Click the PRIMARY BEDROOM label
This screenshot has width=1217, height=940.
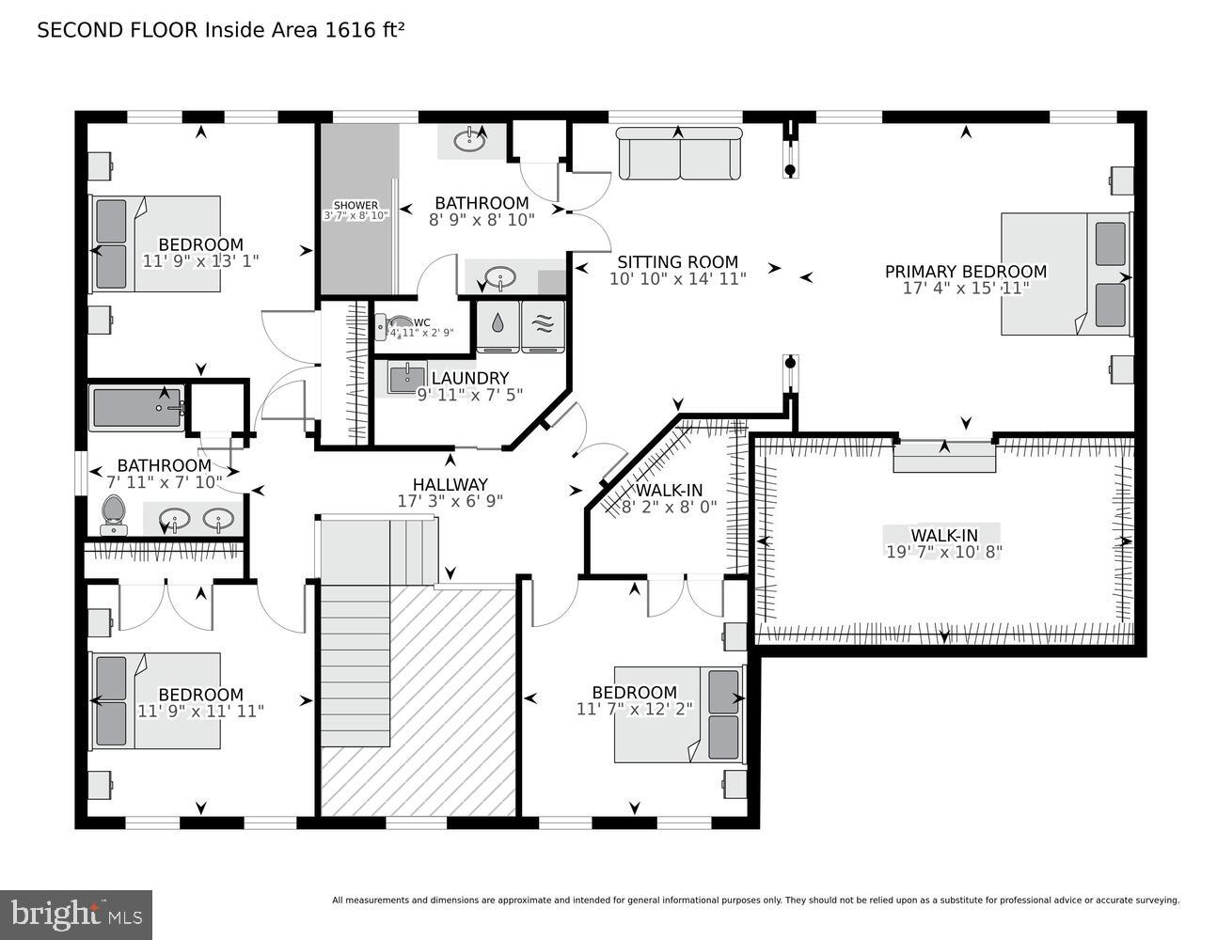click(965, 272)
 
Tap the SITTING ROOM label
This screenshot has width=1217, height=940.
click(677, 262)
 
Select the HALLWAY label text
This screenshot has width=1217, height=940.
click(450, 484)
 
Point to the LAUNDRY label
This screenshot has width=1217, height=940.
click(469, 379)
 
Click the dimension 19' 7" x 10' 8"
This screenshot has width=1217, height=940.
click(943, 552)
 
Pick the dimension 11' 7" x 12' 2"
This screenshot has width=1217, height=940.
click(634, 709)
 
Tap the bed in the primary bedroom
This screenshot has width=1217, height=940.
click(1065, 274)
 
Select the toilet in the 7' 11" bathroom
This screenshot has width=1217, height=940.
click(113, 514)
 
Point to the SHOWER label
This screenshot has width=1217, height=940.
click(356, 205)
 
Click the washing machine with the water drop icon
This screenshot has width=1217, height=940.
click(498, 324)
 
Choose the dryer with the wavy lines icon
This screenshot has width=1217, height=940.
click(543, 324)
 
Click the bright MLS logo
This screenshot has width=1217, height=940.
click(75, 914)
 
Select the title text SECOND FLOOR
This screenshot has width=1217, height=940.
click(118, 30)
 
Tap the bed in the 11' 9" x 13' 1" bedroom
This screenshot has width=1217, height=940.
click(155, 243)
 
